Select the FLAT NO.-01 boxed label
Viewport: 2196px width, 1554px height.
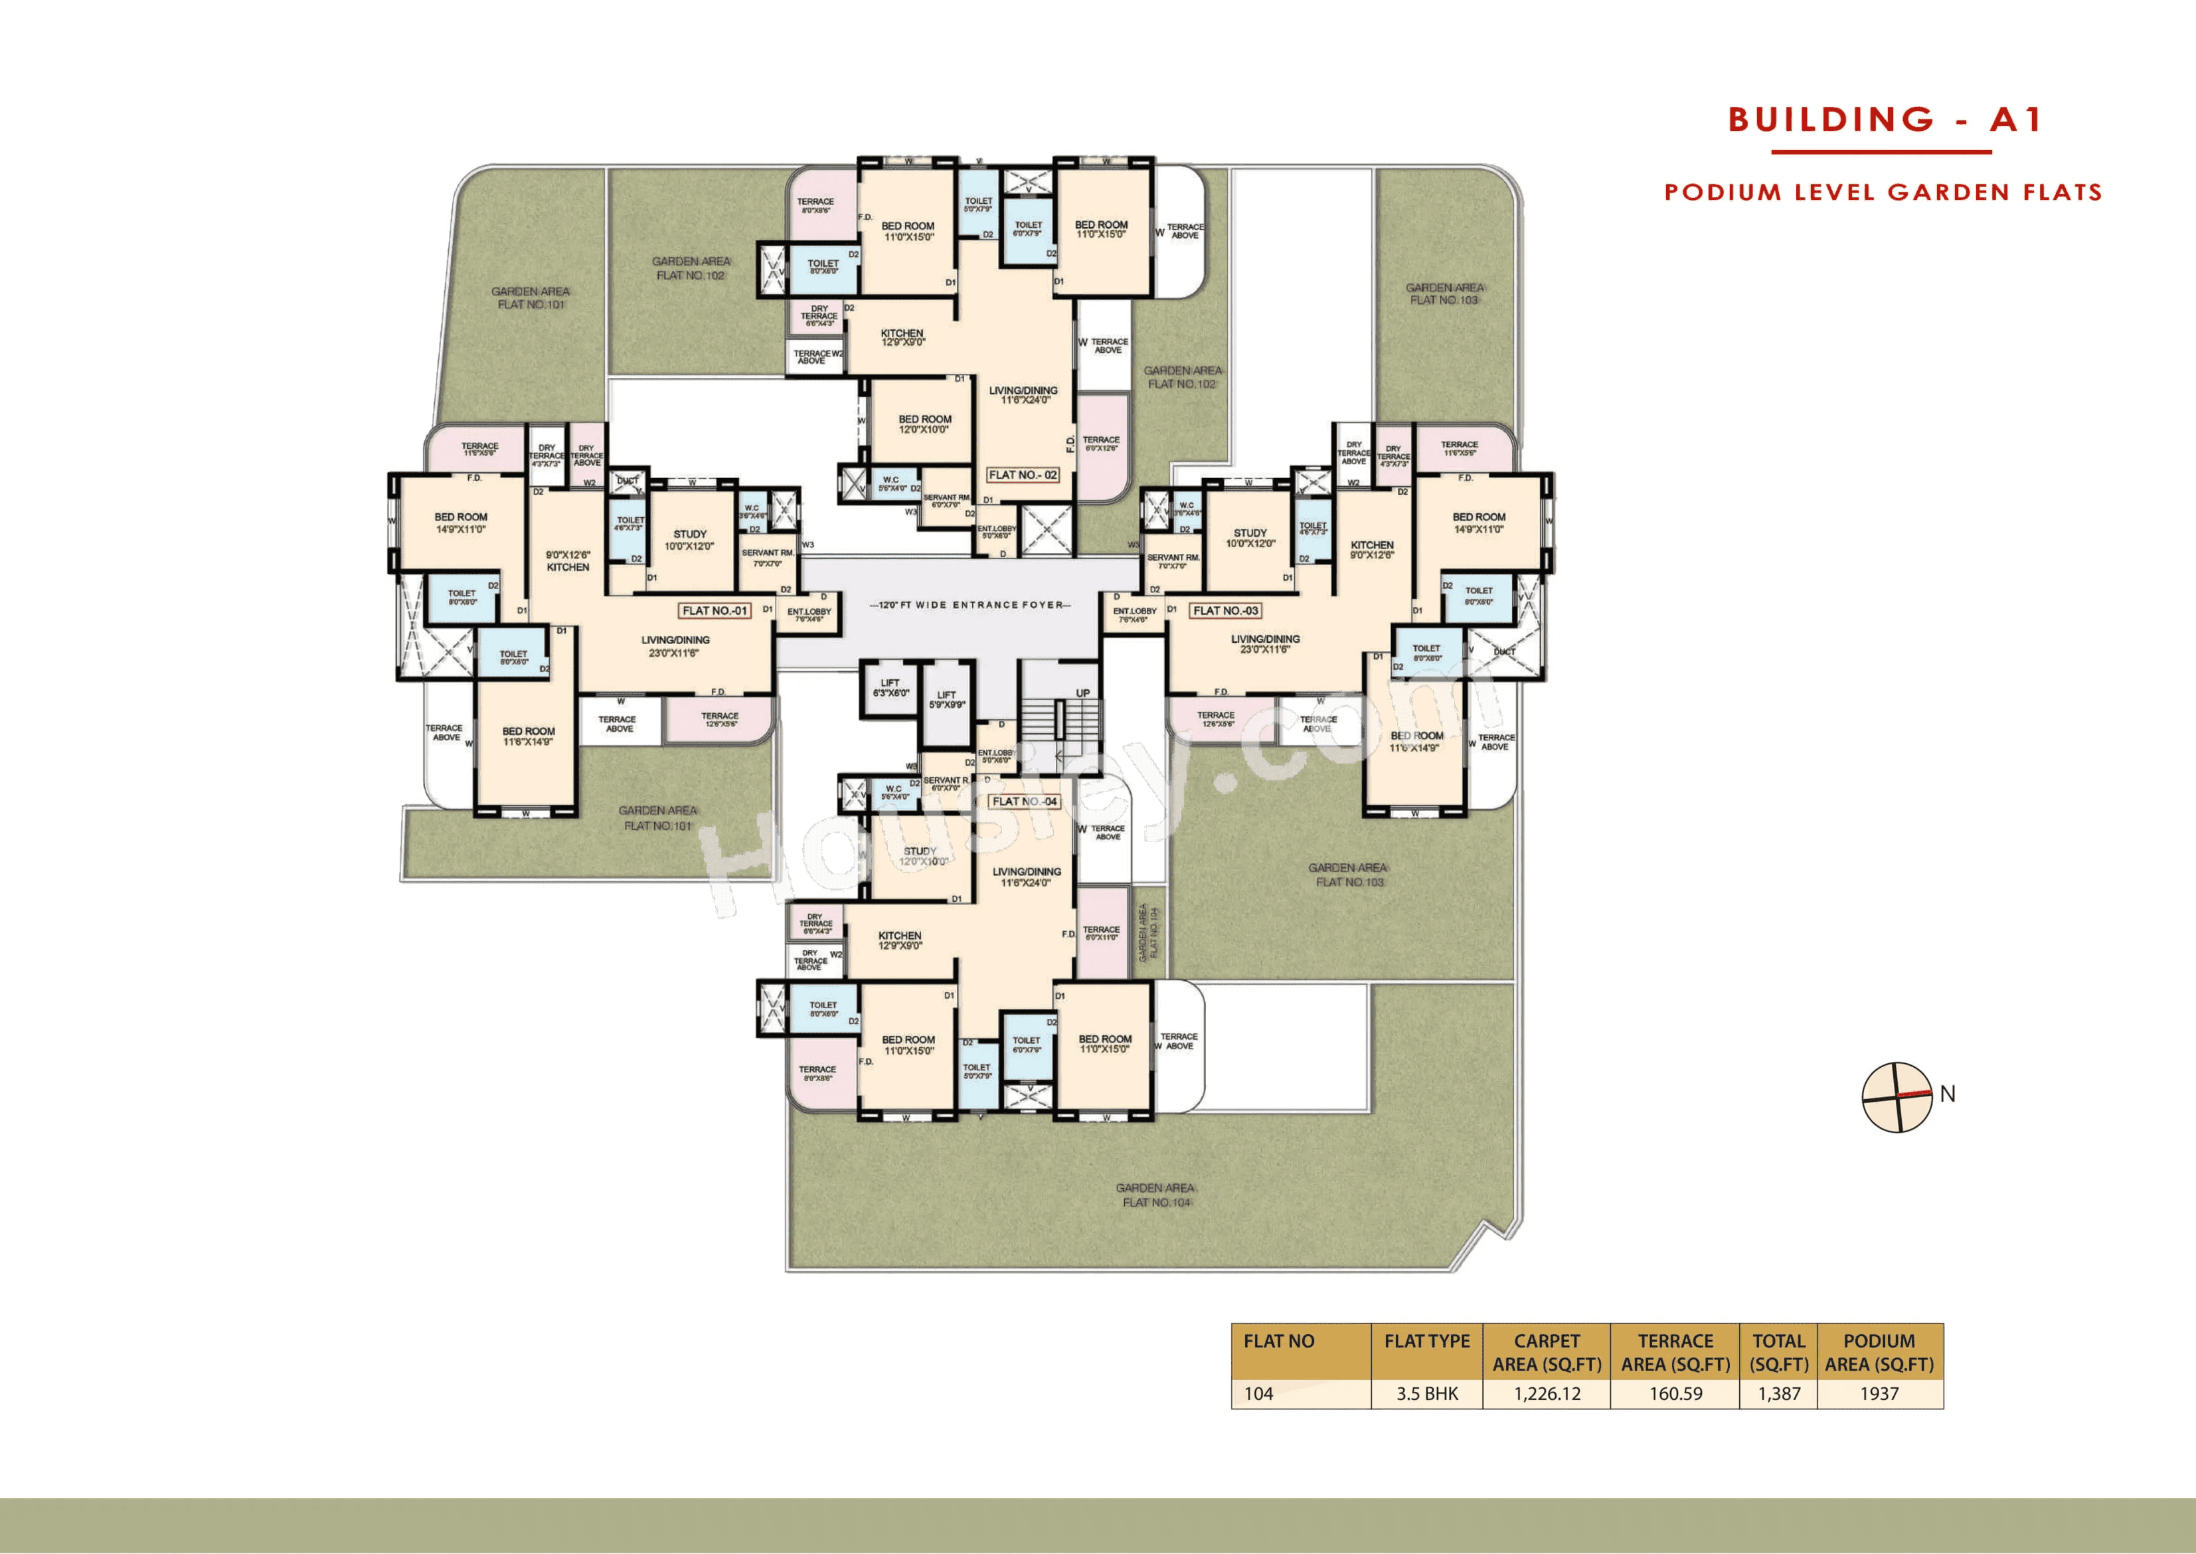pyautogui.click(x=714, y=610)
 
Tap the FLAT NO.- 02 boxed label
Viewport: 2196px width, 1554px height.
pyautogui.click(x=1022, y=475)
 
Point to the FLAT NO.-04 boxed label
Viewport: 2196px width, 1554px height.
pyautogui.click(x=1024, y=802)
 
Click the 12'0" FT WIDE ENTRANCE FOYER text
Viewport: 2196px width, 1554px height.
pyautogui.click(x=970, y=605)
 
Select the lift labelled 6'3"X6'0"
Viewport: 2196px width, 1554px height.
pyautogui.click(x=890, y=688)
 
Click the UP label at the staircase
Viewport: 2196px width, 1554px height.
pyautogui.click(x=1082, y=693)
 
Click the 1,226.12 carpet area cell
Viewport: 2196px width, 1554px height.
pyautogui.click(x=1547, y=1393)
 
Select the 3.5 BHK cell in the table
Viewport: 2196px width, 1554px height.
pyautogui.click(x=1426, y=1393)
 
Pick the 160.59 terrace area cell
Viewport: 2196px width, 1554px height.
pyautogui.click(x=1675, y=1393)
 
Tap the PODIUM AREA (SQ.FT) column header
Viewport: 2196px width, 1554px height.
pyautogui.click(x=1879, y=1352)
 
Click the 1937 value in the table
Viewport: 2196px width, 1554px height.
pyautogui.click(x=1879, y=1393)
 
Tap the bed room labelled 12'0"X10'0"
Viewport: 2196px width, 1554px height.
pyautogui.click(x=924, y=424)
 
